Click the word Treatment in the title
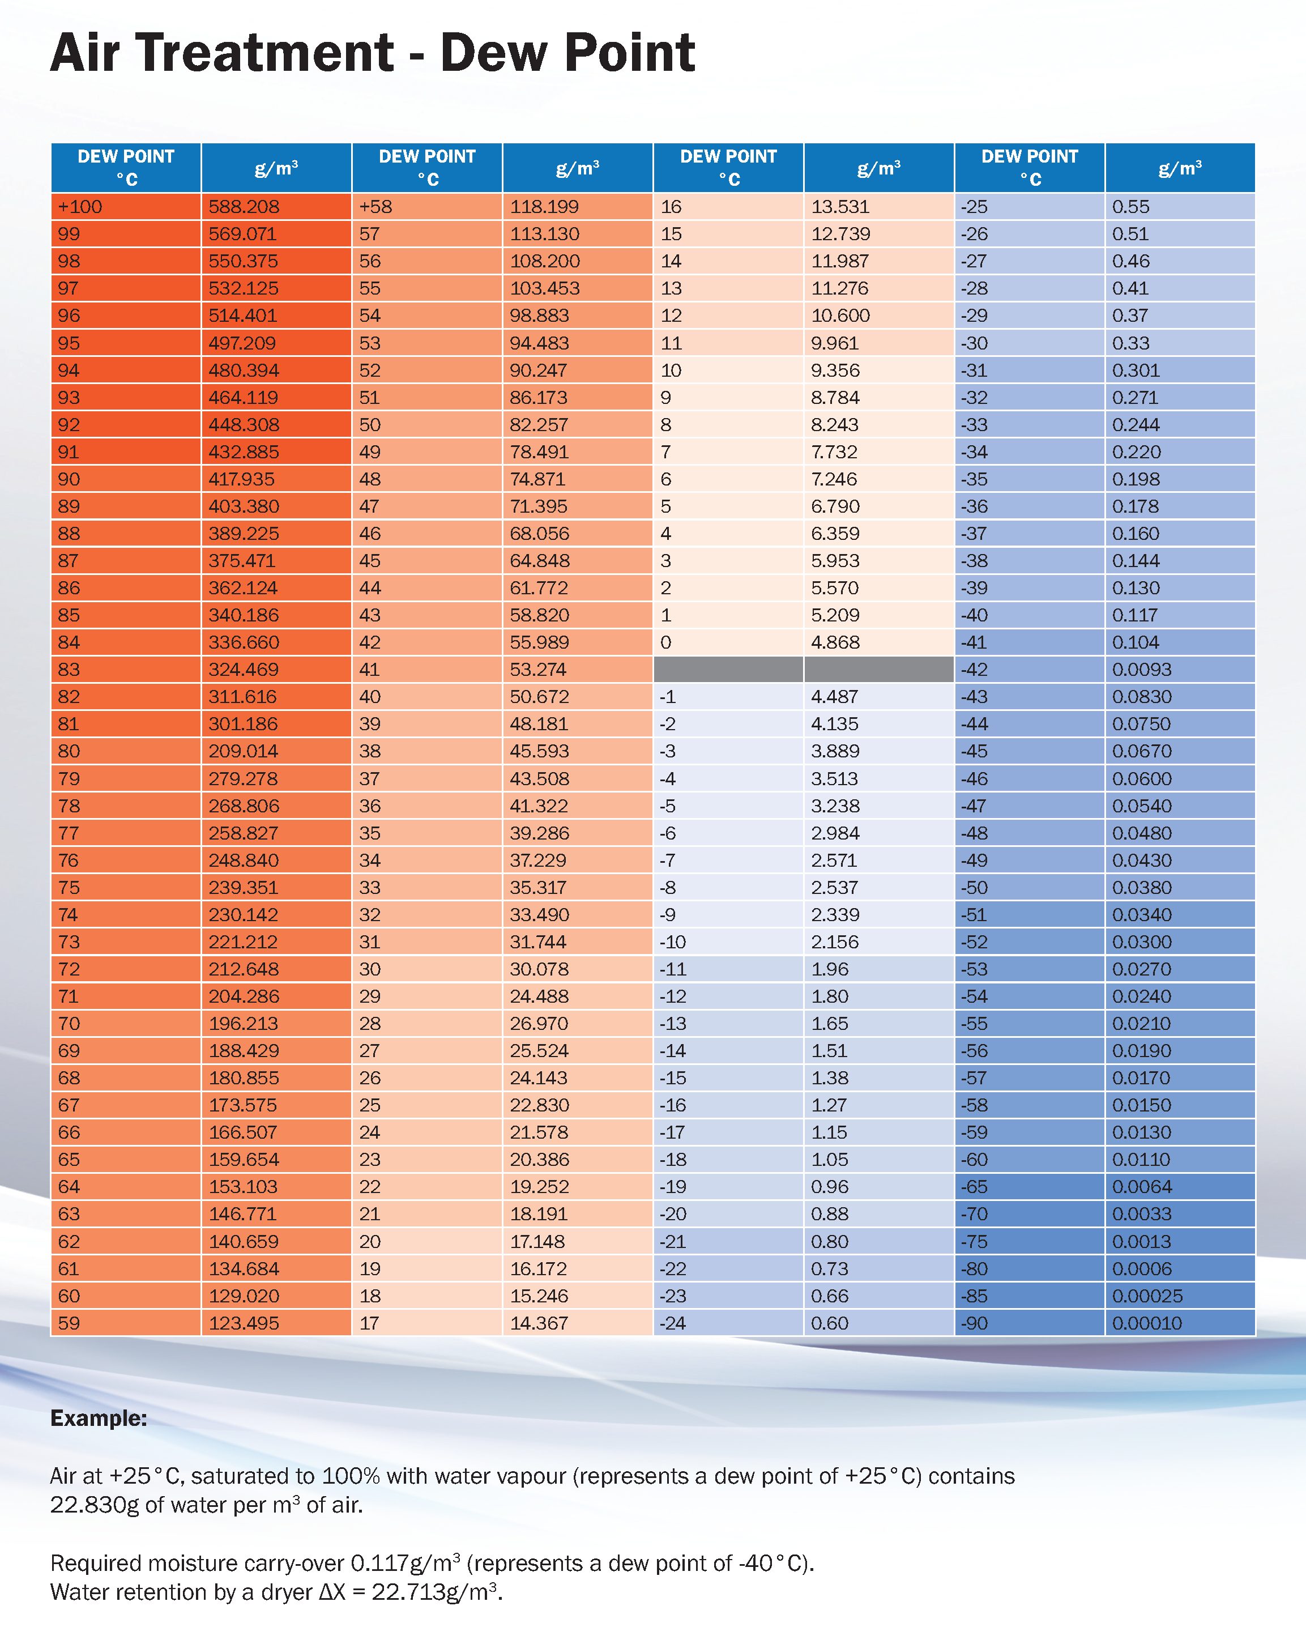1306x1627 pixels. coord(264,53)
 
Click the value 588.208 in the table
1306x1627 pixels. coord(244,207)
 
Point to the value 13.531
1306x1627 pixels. coord(840,207)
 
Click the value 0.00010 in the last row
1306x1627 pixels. coord(1147,1323)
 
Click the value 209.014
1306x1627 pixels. coord(244,751)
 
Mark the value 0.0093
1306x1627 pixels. coord(1142,670)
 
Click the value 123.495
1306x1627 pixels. coord(244,1323)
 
